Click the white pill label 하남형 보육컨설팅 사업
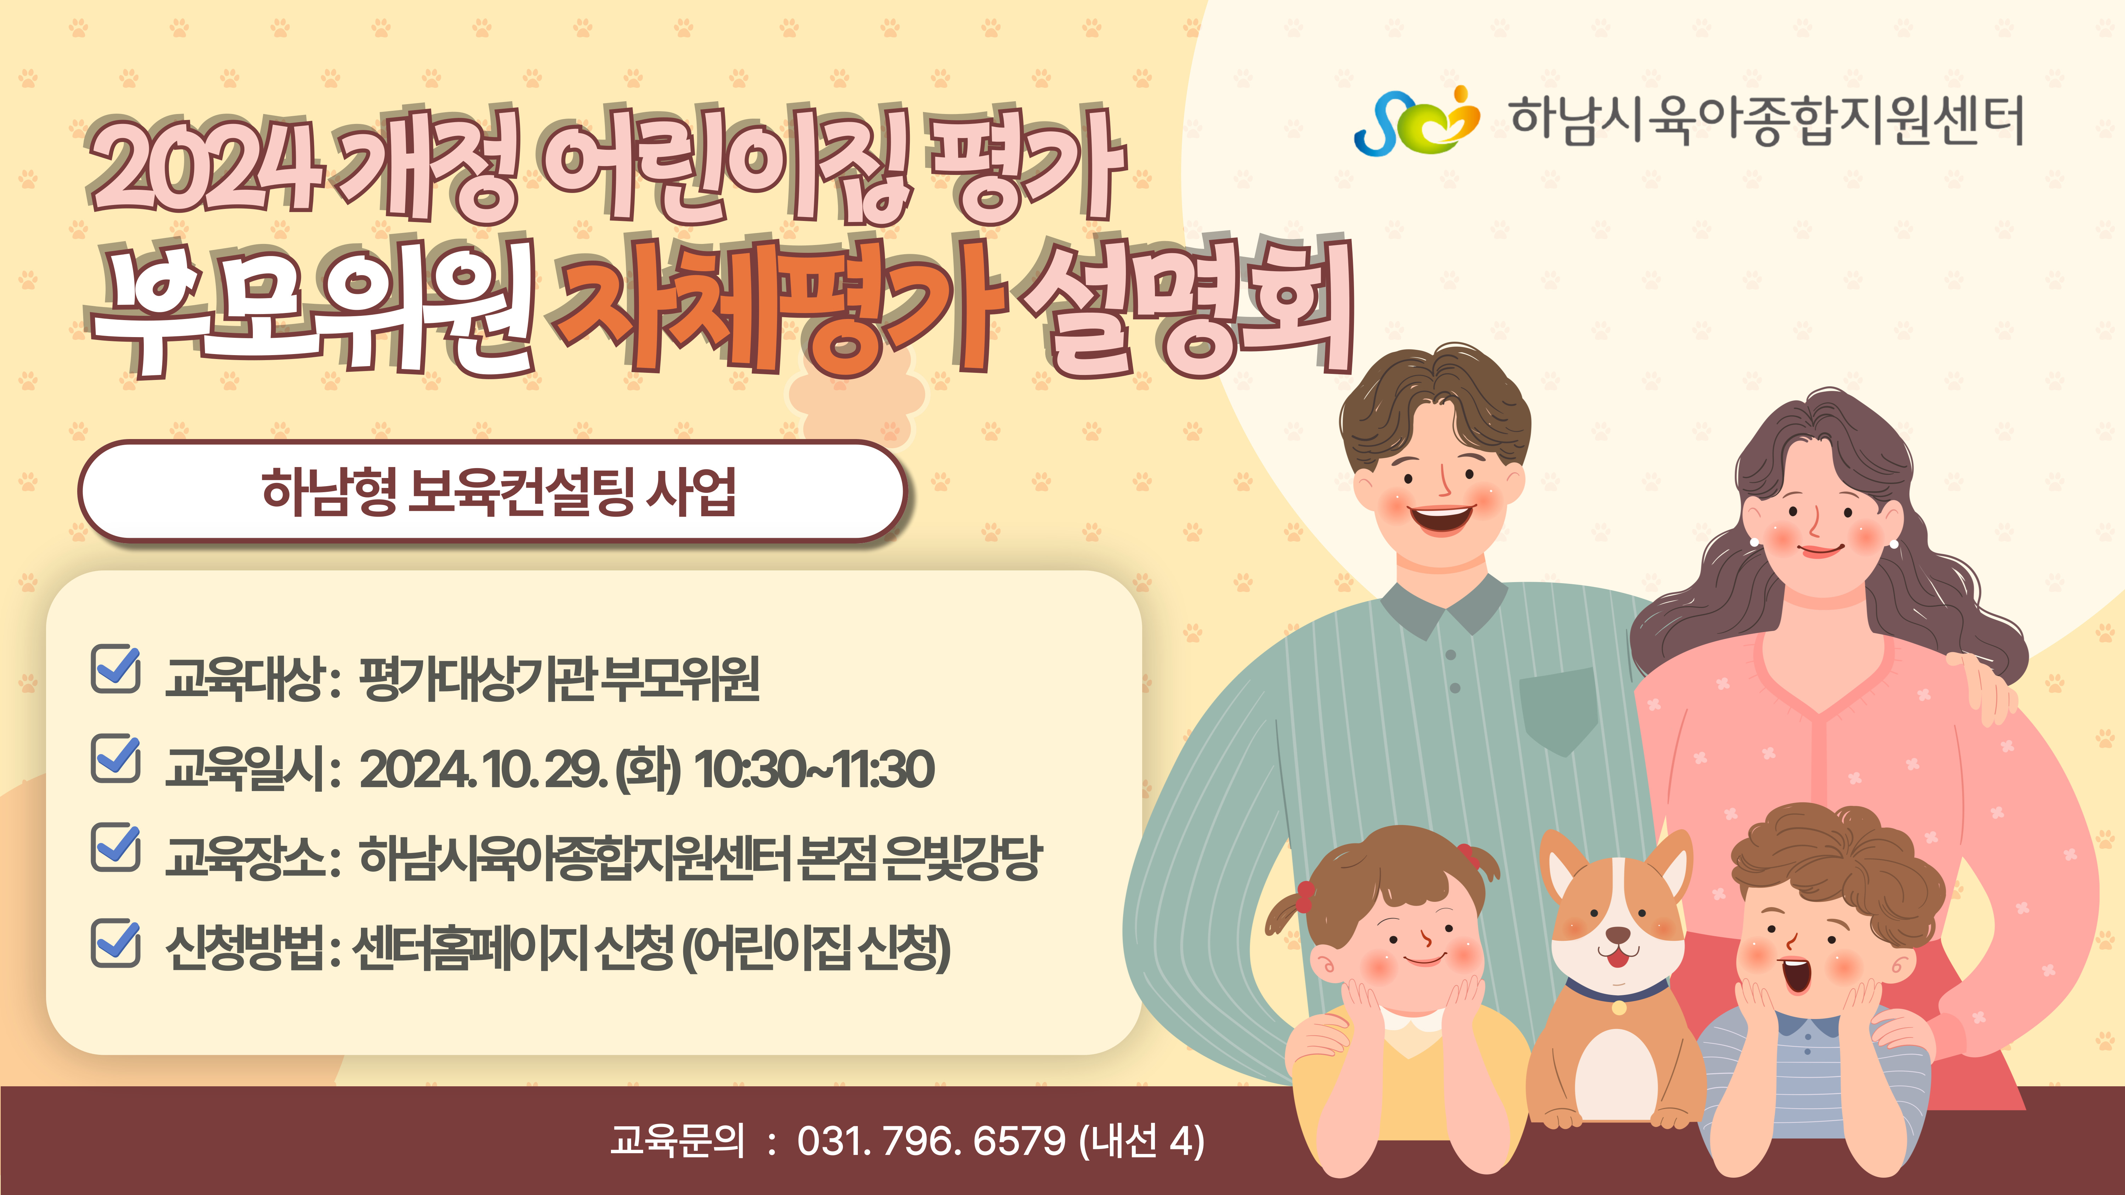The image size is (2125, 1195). click(493, 491)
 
